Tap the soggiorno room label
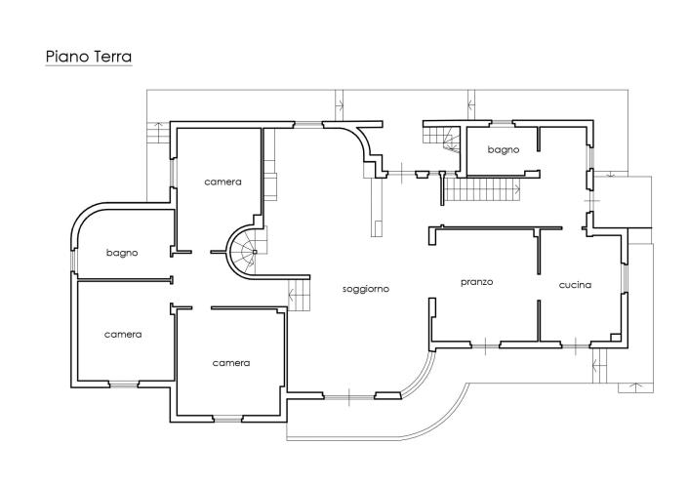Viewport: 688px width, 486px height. pos(366,289)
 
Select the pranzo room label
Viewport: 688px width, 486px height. pos(477,282)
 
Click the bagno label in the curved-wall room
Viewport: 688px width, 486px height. pos(122,253)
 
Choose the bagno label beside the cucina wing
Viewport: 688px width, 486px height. pos(503,150)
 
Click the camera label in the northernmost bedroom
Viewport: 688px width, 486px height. pos(223,182)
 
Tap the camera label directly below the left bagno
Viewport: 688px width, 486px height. pos(123,334)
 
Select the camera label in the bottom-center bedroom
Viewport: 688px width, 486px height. pos(231,362)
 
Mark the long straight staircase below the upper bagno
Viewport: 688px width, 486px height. pos(482,189)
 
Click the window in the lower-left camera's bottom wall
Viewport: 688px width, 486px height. pos(123,384)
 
